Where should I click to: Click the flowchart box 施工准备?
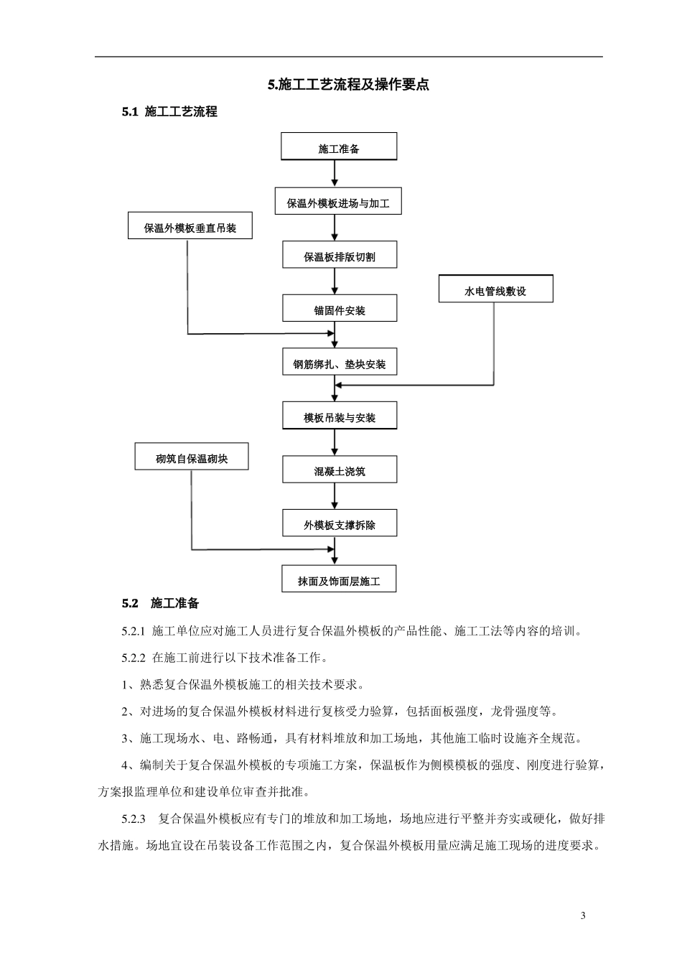[x=338, y=148]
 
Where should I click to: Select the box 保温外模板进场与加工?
[x=338, y=202]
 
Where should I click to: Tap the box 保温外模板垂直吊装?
[x=190, y=227]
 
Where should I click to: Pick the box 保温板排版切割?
[x=339, y=256]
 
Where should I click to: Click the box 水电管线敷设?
[x=495, y=290]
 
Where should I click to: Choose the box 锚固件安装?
[x=339, y=309]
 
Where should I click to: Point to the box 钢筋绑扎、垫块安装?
[x=339, y=363]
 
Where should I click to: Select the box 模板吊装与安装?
[x=339, y=416]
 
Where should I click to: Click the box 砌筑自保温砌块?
[x=192, y=457]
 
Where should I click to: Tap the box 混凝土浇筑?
[x=339, y=470]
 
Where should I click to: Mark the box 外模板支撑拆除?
[x=339, y=524]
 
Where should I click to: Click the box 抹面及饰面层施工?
[x=339, y=580]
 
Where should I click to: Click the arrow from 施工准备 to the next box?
[x=335, y=174]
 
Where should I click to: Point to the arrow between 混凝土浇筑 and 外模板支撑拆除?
[x=335, y=497]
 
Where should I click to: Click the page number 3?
[x=582, y=915]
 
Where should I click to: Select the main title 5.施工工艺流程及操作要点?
[x=348, y=85]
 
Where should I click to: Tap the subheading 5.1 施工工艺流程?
[x=169, y=111]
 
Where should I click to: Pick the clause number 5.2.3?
[x=134, y=819]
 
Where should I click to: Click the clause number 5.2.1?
[x=134, y=631]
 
